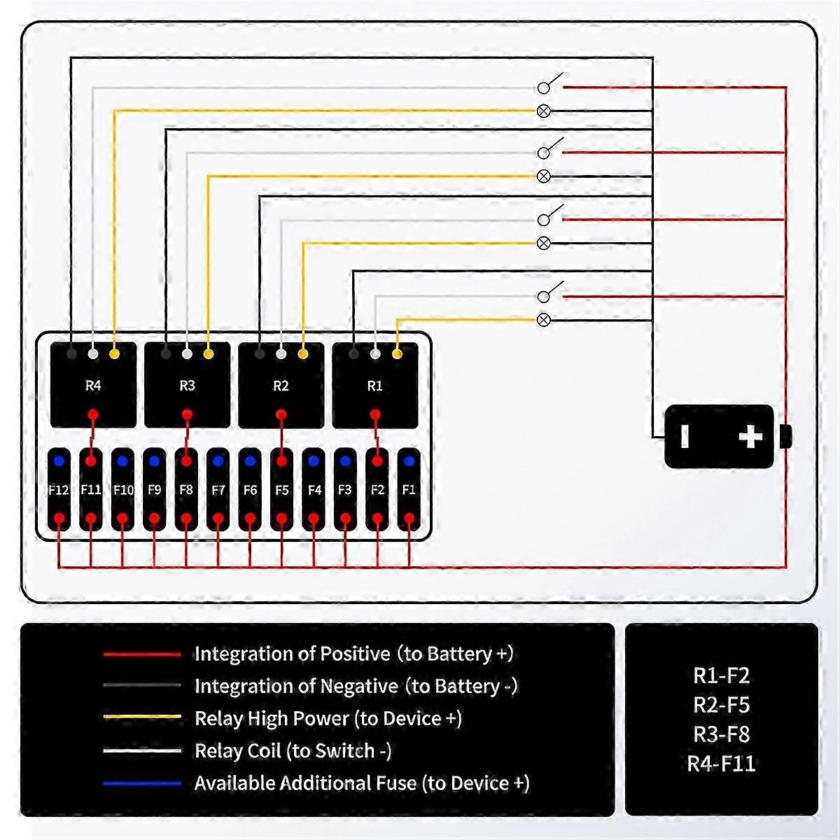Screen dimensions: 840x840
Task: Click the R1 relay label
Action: (x=375, y=386)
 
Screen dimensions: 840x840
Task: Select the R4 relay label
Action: (x=93, y=386)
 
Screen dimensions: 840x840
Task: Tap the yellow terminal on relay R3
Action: (x=209, y=354)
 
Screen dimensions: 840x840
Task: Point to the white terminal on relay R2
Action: (x=281, y=354)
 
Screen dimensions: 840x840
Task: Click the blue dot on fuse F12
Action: (x=59, y=461)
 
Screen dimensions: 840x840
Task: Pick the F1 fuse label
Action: (x=409, y=490)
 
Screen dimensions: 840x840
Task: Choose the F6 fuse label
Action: (x=250, y=490)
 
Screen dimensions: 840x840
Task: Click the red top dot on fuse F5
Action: (x=281, y=461)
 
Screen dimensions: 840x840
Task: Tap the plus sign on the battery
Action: (x=750, y=437)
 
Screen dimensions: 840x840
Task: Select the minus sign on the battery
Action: (x=685, y=437)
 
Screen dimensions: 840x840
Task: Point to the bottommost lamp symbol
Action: (x=543, y=320)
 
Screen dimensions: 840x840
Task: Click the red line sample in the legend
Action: (x=142, y=654)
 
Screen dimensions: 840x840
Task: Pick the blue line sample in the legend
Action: (x=142, y=783)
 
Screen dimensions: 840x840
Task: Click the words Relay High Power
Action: (x=272, y=718)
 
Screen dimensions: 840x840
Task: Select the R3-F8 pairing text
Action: (x=721, y=734)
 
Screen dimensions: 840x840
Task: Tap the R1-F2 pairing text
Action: (x=721, y=675)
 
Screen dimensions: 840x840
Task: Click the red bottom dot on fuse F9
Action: (x=154, y=519)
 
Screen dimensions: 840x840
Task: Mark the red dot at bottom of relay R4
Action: (x=93, y=415)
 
